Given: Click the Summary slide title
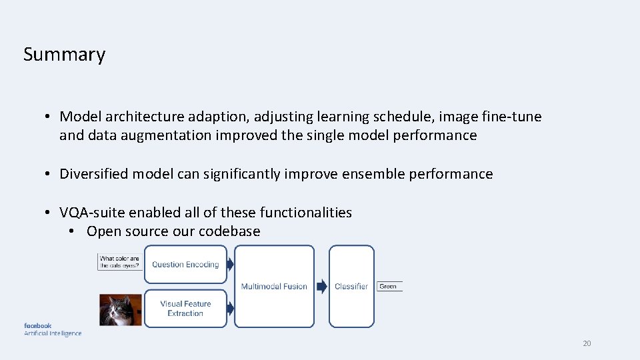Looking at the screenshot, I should click(x=64, y=54).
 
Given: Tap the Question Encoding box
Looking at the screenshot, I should click(x=185, y=265).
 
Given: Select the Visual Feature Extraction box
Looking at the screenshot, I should click(x=185, y=308).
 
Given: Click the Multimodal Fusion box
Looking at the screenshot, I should click(x=274, y=286).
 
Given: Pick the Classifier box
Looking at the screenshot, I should click(x=351, y=286).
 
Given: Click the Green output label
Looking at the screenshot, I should click(x=389, y=287).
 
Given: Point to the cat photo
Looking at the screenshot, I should click(x=121, y=310).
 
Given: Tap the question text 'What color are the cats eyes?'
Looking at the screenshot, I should click(x=120, y=262).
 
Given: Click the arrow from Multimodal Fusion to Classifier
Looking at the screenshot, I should click(x=321, y=287).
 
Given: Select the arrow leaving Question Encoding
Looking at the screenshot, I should click(x=230, y=265).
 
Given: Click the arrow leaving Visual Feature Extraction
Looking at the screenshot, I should click(x=230, y=308).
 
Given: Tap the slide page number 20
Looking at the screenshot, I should click(x=587, y=343).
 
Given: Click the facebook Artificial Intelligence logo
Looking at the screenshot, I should click(x=53, y=329).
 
